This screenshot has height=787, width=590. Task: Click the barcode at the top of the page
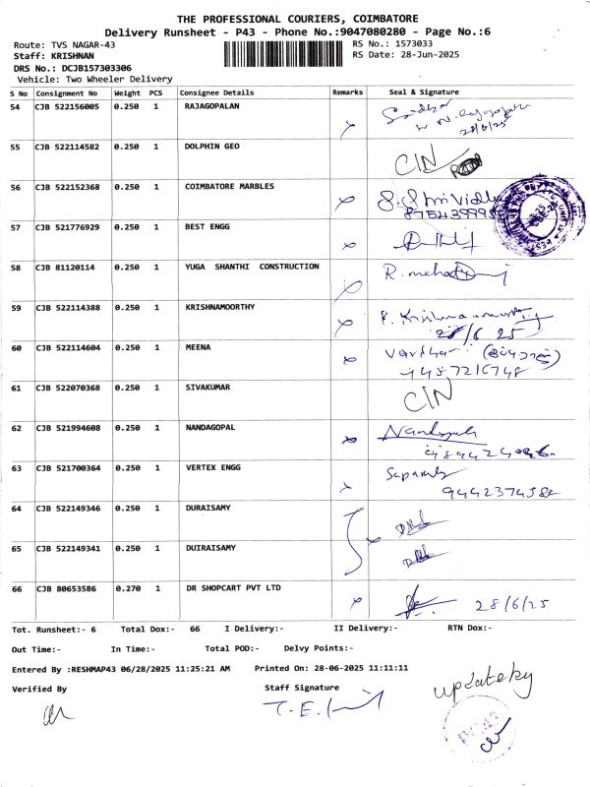pyautogui.click(x=285, y=53)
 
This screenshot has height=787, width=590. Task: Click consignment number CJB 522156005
pyautogui.click(x=67, y=106)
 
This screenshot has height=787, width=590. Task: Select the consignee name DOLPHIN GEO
pyautogui.click(x=211, y=147)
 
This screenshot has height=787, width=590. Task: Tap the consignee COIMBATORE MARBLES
pyautogui.click(x=229, y=186)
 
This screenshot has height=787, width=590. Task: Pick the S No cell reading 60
pyautogui.click(x=16, y=347)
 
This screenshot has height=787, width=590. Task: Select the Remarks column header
pyautogui.click(x=348, y=91)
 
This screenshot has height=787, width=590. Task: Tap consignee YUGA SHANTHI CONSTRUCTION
pyautogui.click(x=252, y=267)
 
